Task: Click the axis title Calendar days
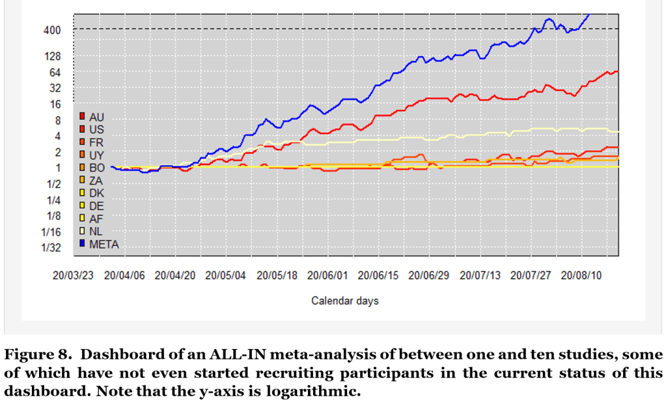(344, 301)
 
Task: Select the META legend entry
(104, 244)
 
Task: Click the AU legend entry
(97, 116)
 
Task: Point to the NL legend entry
(96, 231)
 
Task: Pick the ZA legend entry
(96, 180)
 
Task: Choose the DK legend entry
(97, 193)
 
